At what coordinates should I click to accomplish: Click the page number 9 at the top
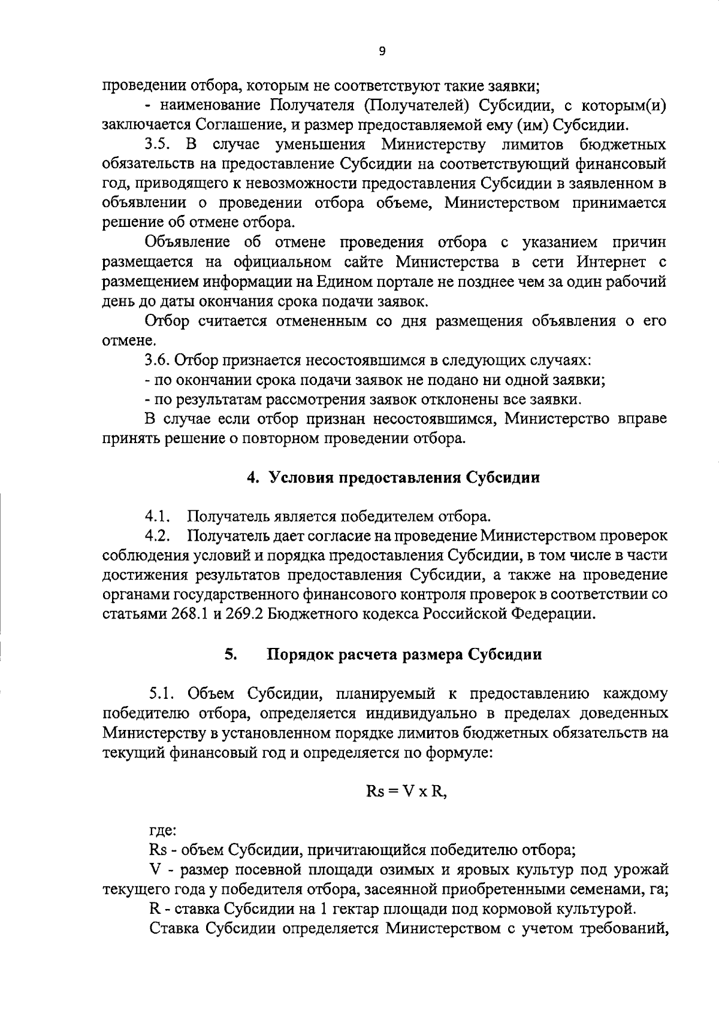(383, 51)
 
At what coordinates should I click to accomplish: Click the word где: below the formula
(161, 831)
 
